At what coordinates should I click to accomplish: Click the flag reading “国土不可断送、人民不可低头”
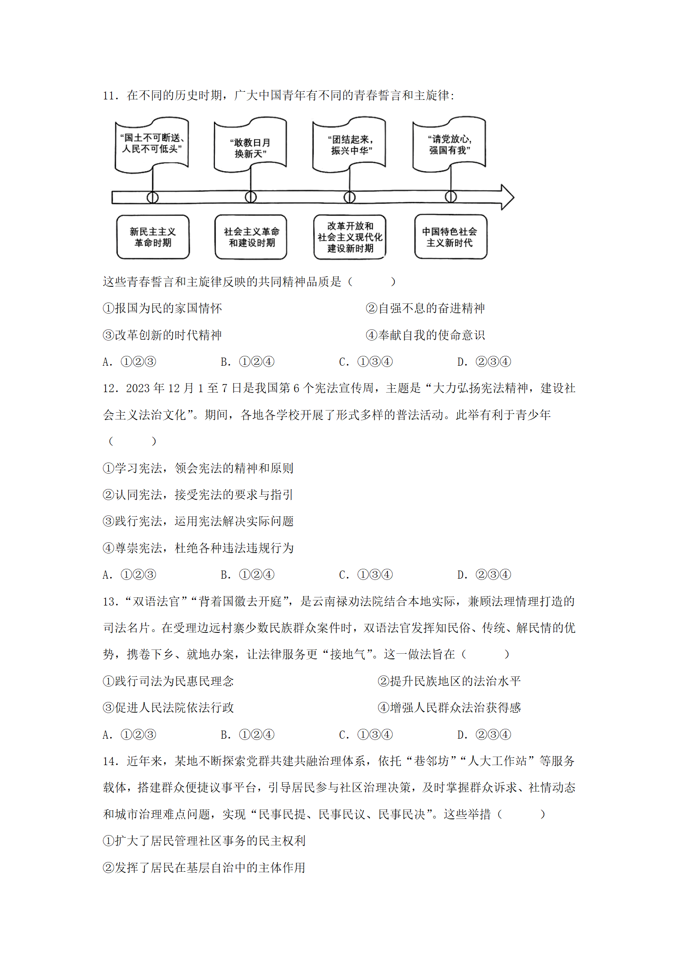click(152, 144)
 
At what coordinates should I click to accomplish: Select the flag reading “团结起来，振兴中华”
click(349, 145)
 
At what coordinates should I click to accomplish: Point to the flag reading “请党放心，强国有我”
click(449, 144)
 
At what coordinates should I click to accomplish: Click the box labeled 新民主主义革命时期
click(153, 237)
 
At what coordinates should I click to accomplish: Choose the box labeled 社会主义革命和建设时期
click(251, 237)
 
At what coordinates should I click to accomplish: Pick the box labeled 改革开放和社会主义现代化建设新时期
click(350, 237)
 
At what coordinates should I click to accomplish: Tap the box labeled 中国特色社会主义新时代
click(450, 237)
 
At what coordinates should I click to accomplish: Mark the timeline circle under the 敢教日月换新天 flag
click(251, 197)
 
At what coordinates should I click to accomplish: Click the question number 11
click(110, 96)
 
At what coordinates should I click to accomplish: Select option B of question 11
click(247, 362)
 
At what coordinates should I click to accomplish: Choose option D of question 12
click(484, 575)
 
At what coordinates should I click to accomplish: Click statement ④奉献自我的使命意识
click(425, 335)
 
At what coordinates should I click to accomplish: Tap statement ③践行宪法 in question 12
click(198, 521)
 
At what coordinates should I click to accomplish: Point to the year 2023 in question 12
click(138, 388)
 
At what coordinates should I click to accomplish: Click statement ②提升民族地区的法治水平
click(449, 681)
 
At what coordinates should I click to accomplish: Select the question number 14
click(110, 761)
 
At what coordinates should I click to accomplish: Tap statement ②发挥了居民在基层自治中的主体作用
click(204, 868)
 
